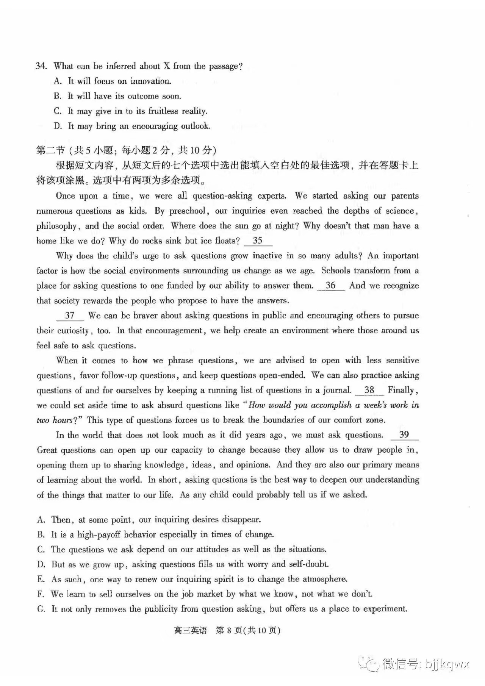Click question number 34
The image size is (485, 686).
coord(41,66)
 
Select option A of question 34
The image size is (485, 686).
coord(58,81)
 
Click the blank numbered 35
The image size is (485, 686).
coord(258,241)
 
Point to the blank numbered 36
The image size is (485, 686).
coord(330,286)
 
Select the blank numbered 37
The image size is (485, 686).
coord(70,316)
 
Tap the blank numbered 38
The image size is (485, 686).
coord(369,390)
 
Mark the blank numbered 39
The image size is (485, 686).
coord(404,435)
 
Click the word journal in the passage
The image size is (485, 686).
coord(336,390)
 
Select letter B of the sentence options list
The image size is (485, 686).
coord(41,534)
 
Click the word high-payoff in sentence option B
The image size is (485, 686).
coord(99,534)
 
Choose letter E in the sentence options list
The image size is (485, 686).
coord(41,579)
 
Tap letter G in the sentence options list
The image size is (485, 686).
coord(41,609)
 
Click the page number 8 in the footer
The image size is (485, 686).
coord(229,630)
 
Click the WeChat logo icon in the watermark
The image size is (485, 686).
coord(369,663)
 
